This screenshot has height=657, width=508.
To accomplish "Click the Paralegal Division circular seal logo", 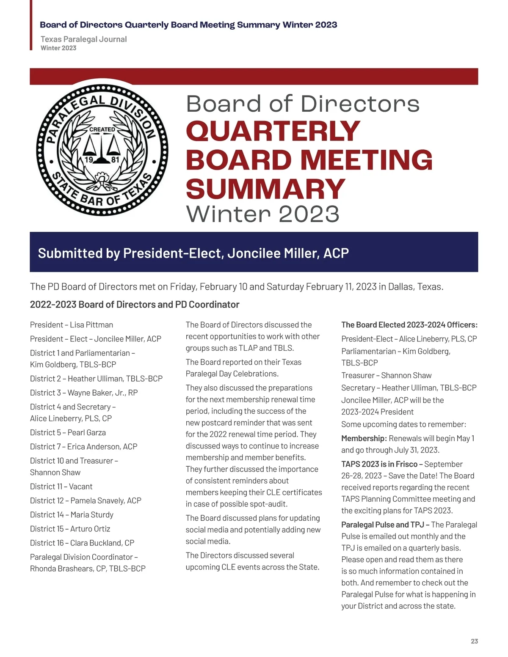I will click(x=102, y=150).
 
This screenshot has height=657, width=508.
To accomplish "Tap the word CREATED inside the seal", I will click(x=102, y=129).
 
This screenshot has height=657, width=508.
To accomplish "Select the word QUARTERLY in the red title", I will click(x=273, y=131).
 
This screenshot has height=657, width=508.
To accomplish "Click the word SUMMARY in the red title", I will click(x=265, y=189).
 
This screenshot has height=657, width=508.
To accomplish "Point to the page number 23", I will click(x=474, y=641).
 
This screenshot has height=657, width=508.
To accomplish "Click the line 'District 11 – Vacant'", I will click(x=61, y=487).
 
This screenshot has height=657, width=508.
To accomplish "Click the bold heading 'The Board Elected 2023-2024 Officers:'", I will click(x=409, y=325).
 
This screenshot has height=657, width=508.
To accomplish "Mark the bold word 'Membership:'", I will click(x=364, y=438).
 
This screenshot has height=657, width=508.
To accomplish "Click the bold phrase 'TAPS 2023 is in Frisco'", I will click(x=379, y=464).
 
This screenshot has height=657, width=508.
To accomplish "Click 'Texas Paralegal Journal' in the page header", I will click(x=83, y=39).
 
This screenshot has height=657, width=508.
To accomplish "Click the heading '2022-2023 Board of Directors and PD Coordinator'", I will click(x=135, y=305).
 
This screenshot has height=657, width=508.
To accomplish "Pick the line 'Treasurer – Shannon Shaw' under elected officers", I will click(x=386, y=375).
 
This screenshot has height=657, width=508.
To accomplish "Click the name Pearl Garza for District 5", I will click(x=87, y=432).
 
